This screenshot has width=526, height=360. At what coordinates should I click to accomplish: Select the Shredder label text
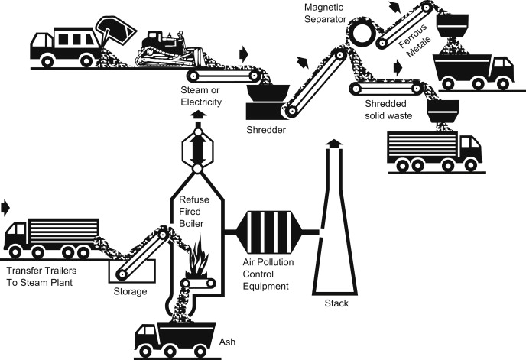[x=267, y=130]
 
